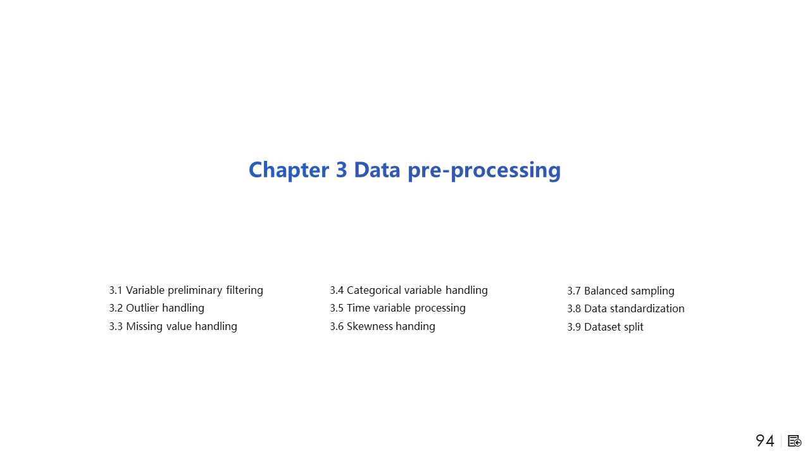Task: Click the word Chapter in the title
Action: coord(289,170)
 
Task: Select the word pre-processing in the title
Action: coord(484,170)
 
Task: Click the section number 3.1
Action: coord(116,290)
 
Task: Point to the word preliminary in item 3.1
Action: coord(195,291)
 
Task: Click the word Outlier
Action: coord(142,308)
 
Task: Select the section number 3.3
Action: coord(116,326)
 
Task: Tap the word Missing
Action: coord(144,327)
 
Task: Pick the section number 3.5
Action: coord(336,308)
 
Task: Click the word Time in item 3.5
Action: coord(358,308)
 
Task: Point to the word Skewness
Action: coord(370,326)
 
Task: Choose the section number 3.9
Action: coord(574,327)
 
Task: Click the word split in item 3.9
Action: coord(633,327)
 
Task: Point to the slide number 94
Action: coord(765,441)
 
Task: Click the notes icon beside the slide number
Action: coord(794,441)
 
